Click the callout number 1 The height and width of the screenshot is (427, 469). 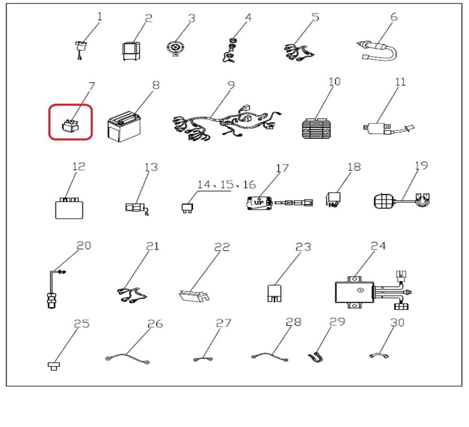pos(99,16)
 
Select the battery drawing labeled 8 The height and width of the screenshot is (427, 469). pos(124,126)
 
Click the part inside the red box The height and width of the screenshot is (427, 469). pos(71,125)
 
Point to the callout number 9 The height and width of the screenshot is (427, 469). pos(231,85)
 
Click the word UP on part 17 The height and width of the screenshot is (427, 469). pos(259,203)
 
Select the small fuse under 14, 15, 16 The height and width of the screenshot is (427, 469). pos(187,208)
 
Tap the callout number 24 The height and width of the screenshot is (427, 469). pos(378,246)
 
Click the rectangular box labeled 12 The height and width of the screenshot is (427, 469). pos(69,208)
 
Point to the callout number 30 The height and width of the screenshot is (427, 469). pos(397,322)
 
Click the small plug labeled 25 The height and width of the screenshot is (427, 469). pos(54,366)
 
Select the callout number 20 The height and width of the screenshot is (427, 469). pos(83,246)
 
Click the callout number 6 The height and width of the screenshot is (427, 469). pos(394,17)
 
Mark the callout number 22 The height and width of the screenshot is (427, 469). pos(222,247)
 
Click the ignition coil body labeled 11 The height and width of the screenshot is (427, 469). pos(377,128)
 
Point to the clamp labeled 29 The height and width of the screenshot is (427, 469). pos(315,357)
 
